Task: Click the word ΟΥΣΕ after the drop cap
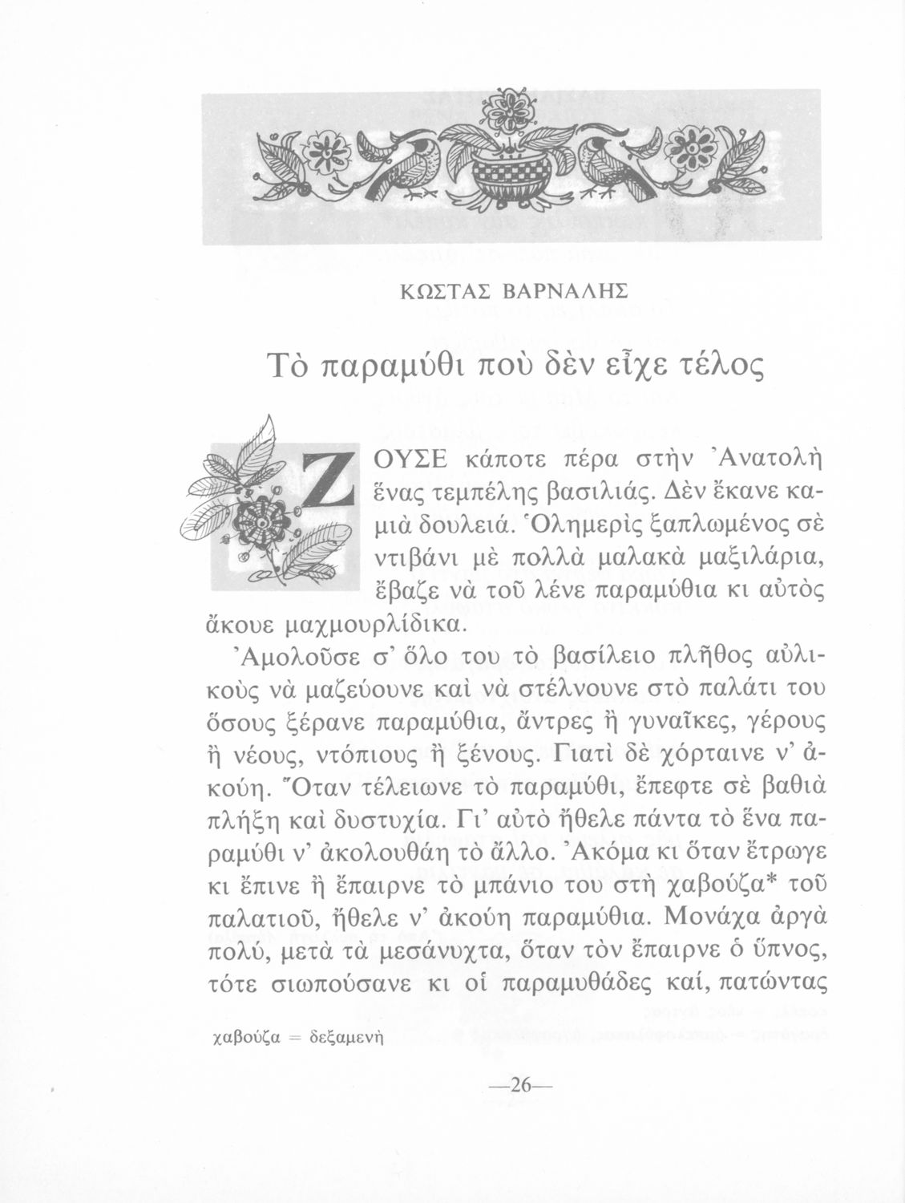click(414, 460)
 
